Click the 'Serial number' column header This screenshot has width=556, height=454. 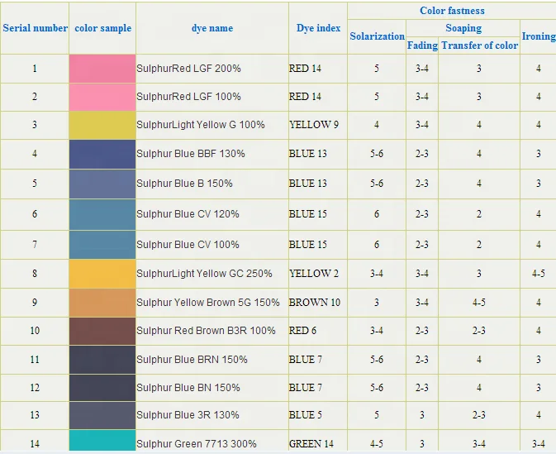tap(35, 28)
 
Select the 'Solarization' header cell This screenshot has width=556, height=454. tap(377, 36)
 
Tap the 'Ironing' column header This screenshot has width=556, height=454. tap(538, 36)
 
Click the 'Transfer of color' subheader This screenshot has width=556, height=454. tap(479, 45)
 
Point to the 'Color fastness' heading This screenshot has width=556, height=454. tap(452, 11)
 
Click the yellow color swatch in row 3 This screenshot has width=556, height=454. tap(102, 125)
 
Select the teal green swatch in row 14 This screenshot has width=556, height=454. tap(102, 442)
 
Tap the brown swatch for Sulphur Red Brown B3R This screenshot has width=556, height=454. tap(102, 331)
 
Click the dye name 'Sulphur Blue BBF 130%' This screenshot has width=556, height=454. tap(191, 154)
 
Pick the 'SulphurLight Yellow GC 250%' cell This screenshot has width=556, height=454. tap(204, 274)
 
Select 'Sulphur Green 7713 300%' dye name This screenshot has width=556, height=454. tap(194, 444)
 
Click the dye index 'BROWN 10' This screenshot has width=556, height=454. tap(314, 303)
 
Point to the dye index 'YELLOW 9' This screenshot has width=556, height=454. tap(314, 125)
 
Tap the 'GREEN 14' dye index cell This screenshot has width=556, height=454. tap(311, 444)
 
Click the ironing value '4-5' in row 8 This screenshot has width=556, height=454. tap(538, 274)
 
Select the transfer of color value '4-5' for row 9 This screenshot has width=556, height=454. tap(479, 303)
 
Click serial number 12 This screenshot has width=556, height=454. tap(35, 388)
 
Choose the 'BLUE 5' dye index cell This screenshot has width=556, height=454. tap(308, 415)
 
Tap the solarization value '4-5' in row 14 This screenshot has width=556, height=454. tap(377, 444)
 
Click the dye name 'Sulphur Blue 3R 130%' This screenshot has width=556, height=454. tap(188, 415)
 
